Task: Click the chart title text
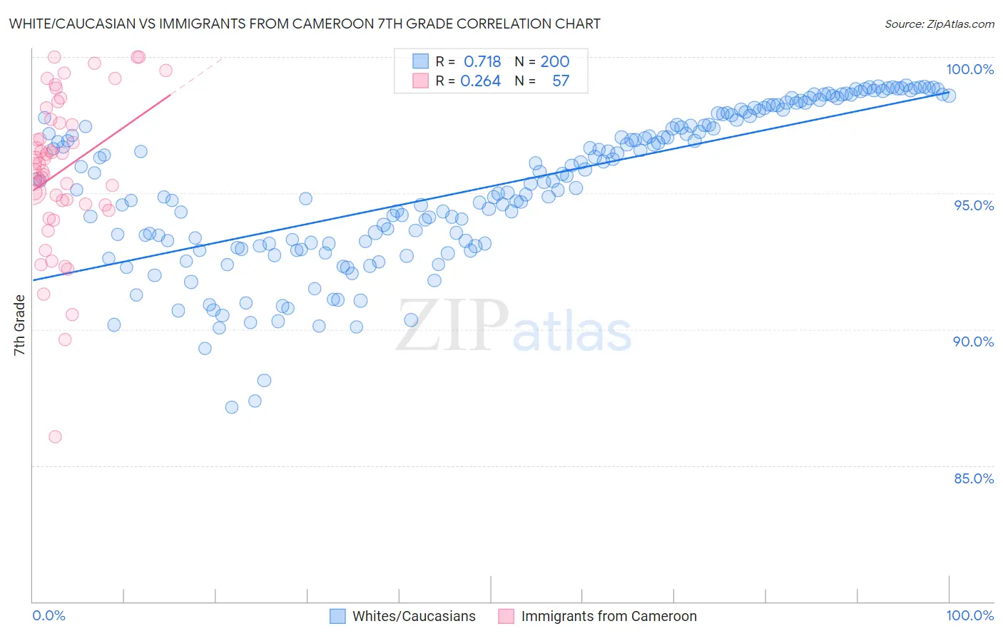click(305, 24)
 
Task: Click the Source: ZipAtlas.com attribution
click(939, 24)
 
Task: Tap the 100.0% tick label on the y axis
click(969, 69)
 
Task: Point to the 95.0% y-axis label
click(974, 205)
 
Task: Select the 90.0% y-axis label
click(974, 342)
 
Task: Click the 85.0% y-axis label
click(974, 478)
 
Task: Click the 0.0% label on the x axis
click(49, 615)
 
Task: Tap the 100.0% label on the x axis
click(969, 615)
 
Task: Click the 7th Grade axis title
click(19, 325)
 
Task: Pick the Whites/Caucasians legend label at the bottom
click(414, 616)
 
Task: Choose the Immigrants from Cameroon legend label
click(609, 616)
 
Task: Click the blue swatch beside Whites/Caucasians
click(337, 616)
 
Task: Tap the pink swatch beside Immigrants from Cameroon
click(506, 616)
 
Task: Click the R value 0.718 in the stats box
click(482, 61)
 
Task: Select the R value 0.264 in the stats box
click(481, 81)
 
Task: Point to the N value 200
click(554, 61)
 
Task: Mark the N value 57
click(561, 81)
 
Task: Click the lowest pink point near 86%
click(55, 436)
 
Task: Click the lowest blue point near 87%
click(232, 407)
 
